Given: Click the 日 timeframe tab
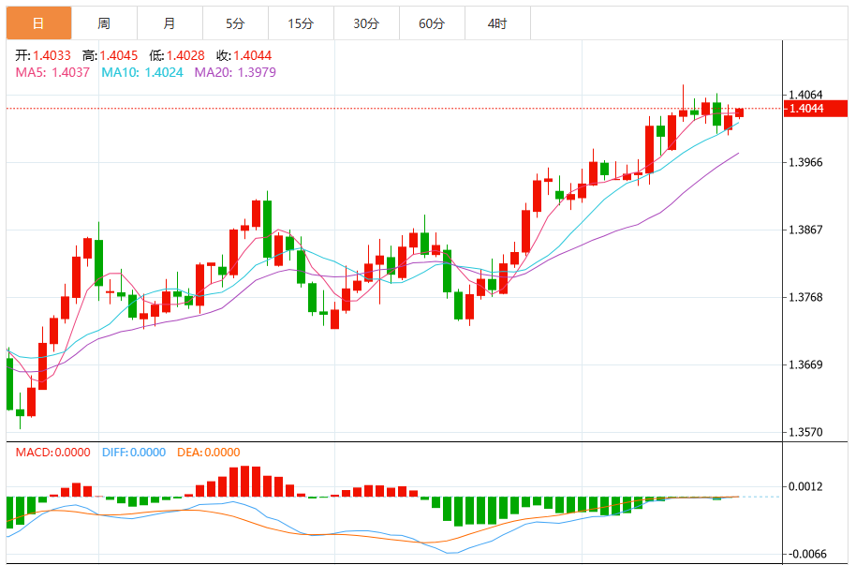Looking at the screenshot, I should tap(37, 23).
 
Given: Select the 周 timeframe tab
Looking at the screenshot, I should tap(103, 23).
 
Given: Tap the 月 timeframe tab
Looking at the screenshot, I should tap(169, 23).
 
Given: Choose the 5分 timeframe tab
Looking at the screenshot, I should tap(234, 23).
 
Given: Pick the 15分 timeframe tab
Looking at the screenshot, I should tap(300, 23).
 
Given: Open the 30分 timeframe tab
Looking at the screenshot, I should tap(366, 23).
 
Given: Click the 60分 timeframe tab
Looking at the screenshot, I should tap(432, 23).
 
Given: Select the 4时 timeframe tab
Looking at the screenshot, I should tap(497, 23).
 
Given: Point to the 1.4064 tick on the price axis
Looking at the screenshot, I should tap(806, 95).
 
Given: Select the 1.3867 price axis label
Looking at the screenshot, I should tap(806, 230).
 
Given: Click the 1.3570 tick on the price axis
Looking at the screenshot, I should tap(806, 432).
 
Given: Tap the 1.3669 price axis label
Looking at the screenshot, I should tap(806, 364).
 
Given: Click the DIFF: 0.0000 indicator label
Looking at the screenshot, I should tap(133, 452).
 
